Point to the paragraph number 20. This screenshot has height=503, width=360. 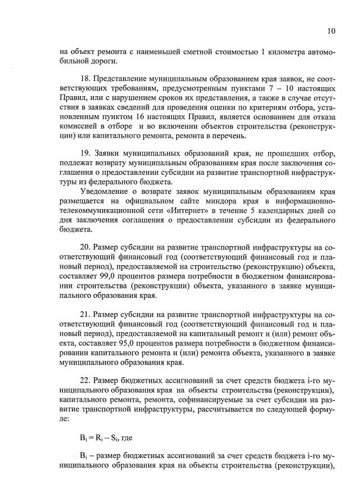click(85, 247)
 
